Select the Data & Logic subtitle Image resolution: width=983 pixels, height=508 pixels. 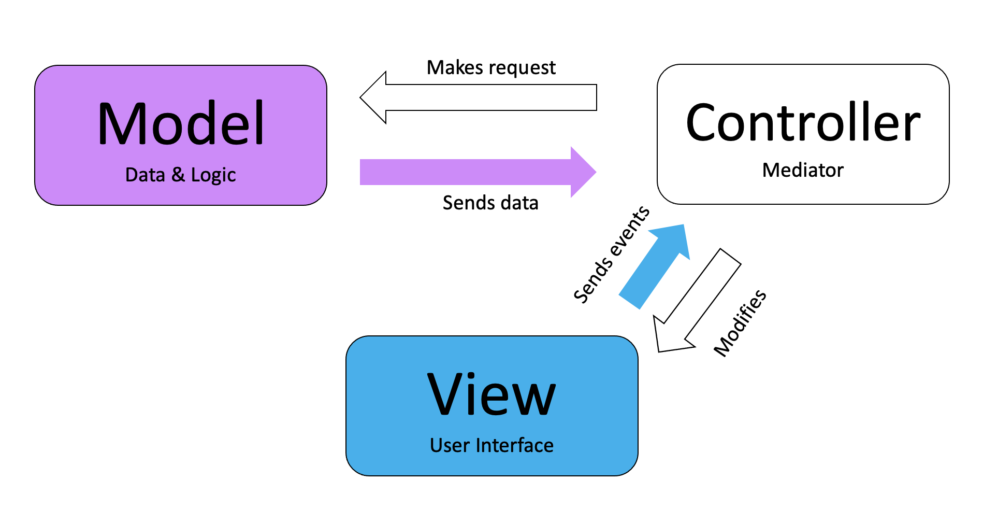pos(180,175)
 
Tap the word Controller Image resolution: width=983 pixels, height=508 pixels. pos(803,123)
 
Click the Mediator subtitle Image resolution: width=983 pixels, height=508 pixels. pos(803,170)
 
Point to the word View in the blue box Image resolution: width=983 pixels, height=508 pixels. pos(491,394)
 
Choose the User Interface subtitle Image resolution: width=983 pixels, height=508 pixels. pos(491,445)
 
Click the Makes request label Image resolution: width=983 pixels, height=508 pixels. pos(491,68)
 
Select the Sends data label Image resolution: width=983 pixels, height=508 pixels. pos(490,203)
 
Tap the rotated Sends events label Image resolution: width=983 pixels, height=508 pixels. pos(612,254)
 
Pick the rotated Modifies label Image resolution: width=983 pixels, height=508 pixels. pos(740,323)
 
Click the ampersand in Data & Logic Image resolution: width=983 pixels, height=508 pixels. pos(178,175)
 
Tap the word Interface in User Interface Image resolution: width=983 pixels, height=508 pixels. pos(514,445)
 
